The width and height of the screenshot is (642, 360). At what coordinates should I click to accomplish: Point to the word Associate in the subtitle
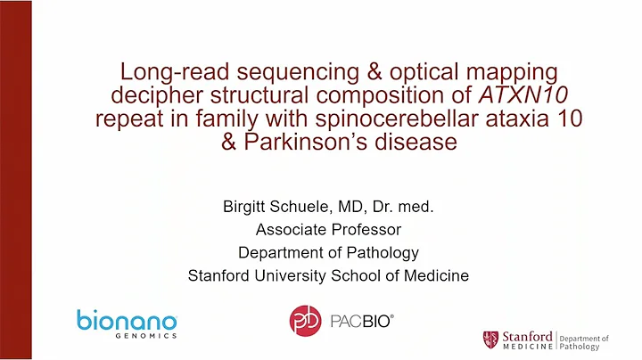coord(291,230)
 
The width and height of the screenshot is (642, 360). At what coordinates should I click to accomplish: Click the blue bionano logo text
coord(126,321)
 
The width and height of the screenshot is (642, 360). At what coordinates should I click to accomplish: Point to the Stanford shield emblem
coord(490,339)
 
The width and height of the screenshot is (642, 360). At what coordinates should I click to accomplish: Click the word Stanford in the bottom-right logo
coord(527,336)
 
